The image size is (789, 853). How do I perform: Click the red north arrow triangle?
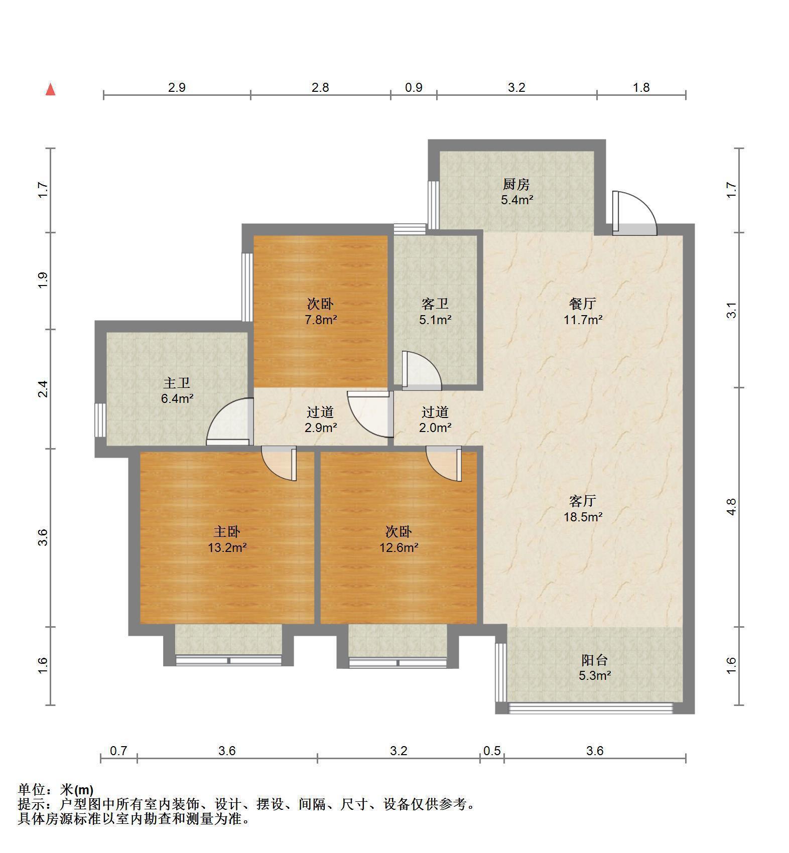tap(50, 90)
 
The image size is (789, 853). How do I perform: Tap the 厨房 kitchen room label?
tap(516, 184)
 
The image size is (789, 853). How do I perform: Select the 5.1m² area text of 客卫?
tap(435, 319)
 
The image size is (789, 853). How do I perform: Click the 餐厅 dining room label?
tap(582, 303)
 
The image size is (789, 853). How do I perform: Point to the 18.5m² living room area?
tap(583, 516)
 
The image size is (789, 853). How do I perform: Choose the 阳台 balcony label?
tap(595, 660)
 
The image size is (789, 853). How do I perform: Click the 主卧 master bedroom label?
tap(227, 531)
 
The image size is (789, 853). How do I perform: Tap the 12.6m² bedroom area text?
tap(399, 547)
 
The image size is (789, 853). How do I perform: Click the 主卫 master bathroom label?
tap(177, 383)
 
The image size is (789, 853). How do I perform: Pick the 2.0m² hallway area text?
tap(435, 428)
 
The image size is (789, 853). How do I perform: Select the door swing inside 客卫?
tap(422, 370)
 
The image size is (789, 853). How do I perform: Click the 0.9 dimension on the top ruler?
tap(414, 88)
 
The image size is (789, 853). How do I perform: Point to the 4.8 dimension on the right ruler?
tap(731, 507)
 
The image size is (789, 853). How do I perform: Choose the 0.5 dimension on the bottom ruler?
tap(492, 751)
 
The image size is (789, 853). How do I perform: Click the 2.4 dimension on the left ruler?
tap(43, 389)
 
